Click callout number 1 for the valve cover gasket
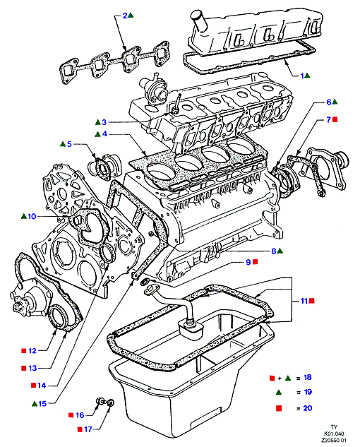point(302,76)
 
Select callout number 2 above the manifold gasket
point(125,16)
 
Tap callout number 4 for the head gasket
point(104,133)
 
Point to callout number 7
point(329,120)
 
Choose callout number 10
point(32,216)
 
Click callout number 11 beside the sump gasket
point(304,301)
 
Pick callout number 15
point(42,404)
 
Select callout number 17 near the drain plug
point(88,429)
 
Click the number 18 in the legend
point(308,377)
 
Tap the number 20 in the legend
point(308,408)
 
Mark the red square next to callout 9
point(256,262)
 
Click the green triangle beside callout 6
point(335,102)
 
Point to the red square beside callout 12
point(24,351)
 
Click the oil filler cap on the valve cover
point(197,20)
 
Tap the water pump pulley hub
point(18,308)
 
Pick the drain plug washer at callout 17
point(111,403)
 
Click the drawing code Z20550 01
point(334,441)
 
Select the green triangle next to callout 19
point(279,393)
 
